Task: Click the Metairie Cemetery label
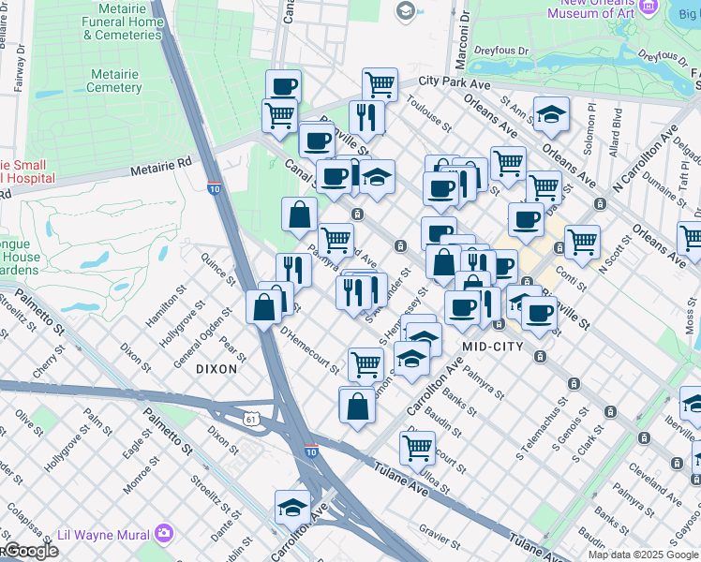pos(114,81)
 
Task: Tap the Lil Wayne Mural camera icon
pos(166,533)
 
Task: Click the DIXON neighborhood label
pos(216,369)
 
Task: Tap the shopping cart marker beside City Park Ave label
pos(380,84)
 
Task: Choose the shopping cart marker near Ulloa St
pos(417,447)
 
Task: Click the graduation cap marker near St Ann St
pos(551,116)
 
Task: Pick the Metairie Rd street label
pos(160,170)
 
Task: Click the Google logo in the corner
pos(30,552)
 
